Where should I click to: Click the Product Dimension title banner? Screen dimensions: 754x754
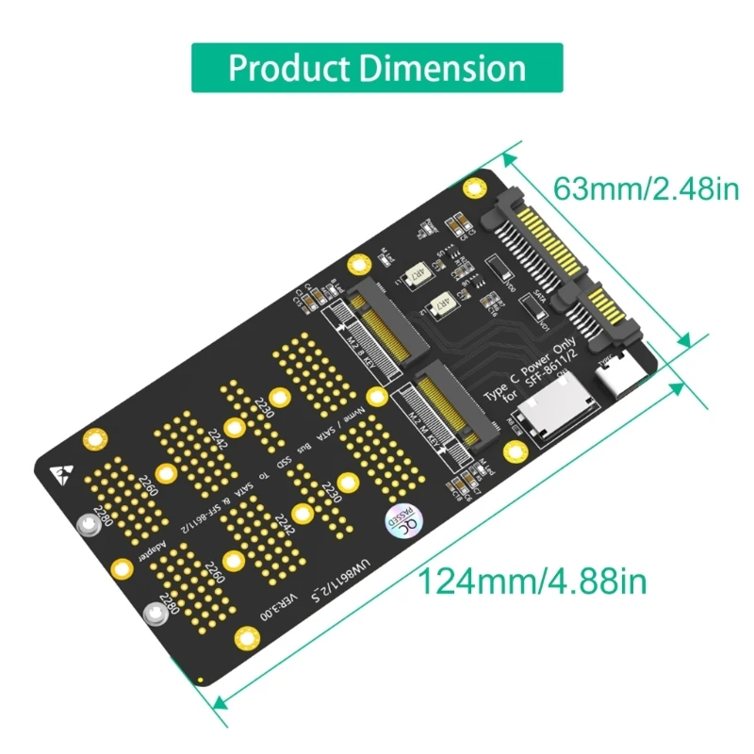[x=377, y=68]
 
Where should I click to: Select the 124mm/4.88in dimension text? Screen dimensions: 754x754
[x=533, y=580]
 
